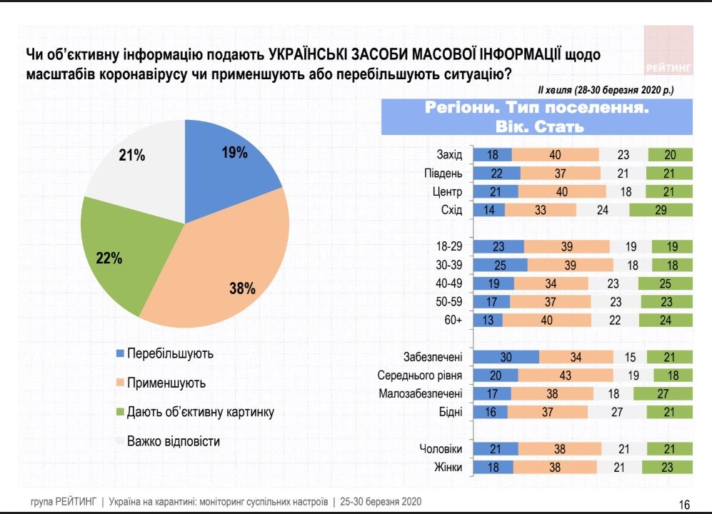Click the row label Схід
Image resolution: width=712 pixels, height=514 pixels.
click(x=452, y=211)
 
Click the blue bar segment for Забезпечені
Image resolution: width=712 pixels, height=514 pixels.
click(x=506, y=357)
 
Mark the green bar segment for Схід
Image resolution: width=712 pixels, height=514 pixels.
click(x=661, y=211)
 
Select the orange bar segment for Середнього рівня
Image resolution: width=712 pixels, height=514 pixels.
click(x=566, y=376)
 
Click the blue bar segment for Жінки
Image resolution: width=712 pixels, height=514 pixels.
click(x=493, y=468)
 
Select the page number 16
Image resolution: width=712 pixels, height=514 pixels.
click(x=683, y=504)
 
